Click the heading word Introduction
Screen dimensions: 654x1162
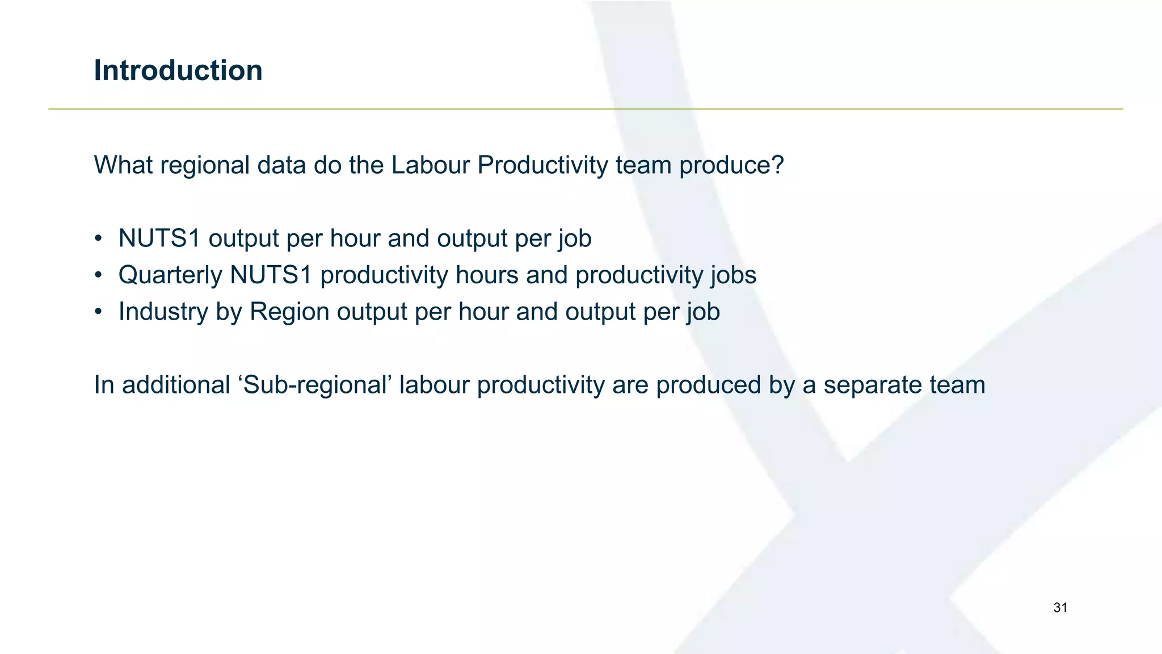tap(178, 70)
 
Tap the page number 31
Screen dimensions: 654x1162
tap(1060, 608)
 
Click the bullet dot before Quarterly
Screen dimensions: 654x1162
tap(99, 275)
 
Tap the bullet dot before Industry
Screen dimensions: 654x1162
tap(99, 312)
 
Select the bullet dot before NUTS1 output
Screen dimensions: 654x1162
tap(99, 238)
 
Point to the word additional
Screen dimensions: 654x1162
tap(176, 385)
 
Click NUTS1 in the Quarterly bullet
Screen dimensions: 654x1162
tap(271, 275)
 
